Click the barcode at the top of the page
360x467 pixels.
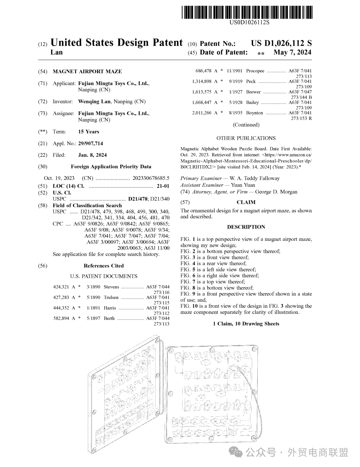coord(247,13)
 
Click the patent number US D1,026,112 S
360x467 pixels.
coord(281,43)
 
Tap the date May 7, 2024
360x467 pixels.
coord(292,52)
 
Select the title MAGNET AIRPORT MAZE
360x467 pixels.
coord(87,71)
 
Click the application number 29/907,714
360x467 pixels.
coord(90,144)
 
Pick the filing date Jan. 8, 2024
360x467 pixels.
coord(92,155)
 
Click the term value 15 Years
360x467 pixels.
coord(88,132)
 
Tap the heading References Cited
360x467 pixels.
coord(104,266)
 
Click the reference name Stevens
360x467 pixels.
coord(111,287)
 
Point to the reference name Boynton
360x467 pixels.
coord(255,113)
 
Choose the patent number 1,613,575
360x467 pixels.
coord(202,92)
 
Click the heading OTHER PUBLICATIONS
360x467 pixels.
coord(246,138)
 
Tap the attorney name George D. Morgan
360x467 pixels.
coord(276,192)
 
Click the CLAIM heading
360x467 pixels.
coord(246,202)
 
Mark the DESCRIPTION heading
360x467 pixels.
coord(246,227)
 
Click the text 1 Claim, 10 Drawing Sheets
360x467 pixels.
coord(246,324)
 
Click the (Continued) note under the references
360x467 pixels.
coord(246,125)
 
